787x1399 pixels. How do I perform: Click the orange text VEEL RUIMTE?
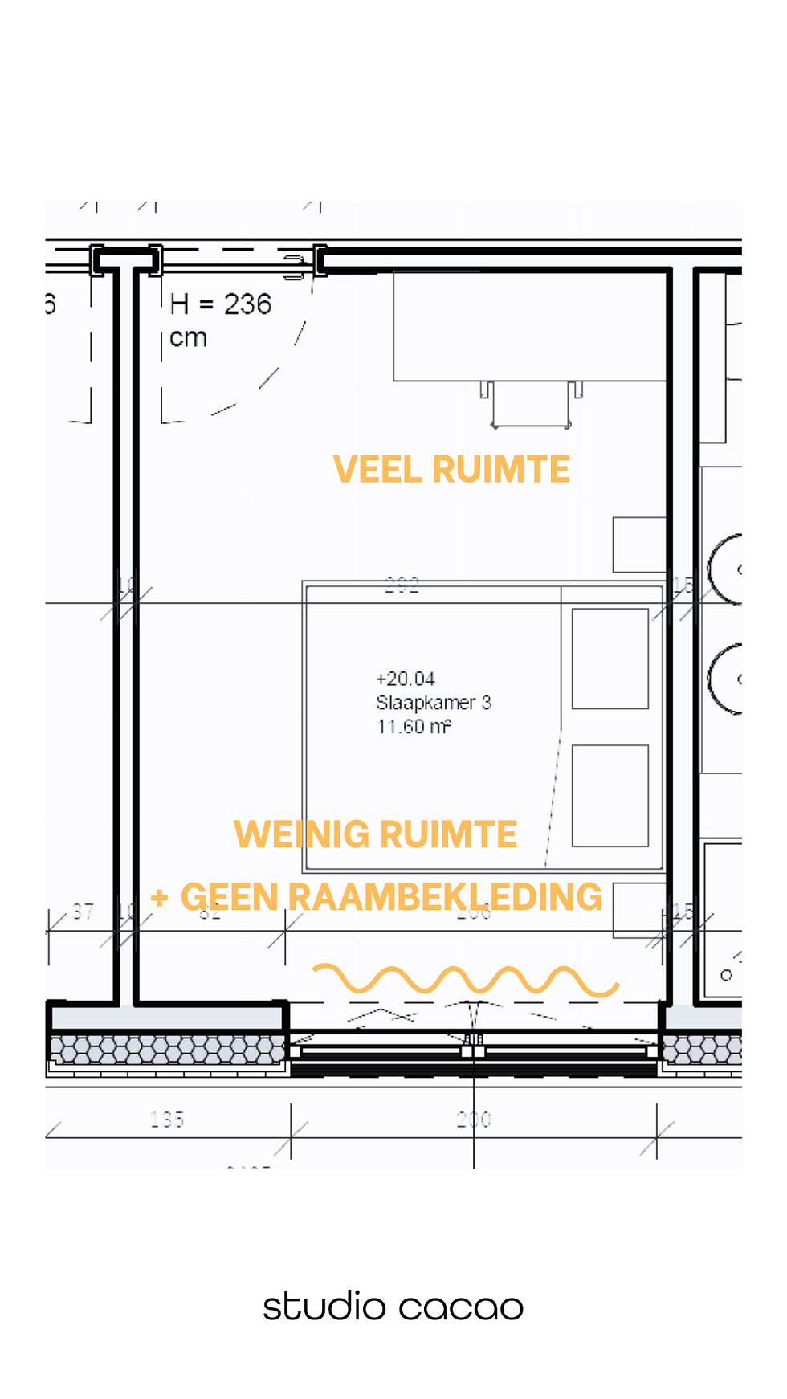point(451,470)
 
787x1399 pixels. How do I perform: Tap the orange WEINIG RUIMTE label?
point(375,834)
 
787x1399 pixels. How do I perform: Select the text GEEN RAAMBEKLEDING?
point(391,897)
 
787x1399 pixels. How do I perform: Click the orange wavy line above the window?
point(466,981)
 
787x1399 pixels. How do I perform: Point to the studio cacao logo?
point(393,1307)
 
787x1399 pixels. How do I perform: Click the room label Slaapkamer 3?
point(434,703)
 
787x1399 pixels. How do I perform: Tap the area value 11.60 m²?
point(414,727)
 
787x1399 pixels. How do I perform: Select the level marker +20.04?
point(406,679)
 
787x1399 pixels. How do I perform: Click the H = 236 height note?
point(220,304)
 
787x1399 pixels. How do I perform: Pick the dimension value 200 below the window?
point(474,1119)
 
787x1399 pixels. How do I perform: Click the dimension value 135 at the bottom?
point(167,1119)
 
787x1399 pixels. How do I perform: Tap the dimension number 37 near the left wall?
point(83,911)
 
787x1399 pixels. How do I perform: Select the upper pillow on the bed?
point(610,659)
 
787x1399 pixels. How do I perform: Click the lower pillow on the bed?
point(610,796)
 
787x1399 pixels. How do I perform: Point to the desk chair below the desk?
point(531,405)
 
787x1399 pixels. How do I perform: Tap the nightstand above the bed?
point(638,545)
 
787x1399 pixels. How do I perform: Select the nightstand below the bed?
point(638,910)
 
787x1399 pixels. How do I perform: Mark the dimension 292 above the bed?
point(402,585)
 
